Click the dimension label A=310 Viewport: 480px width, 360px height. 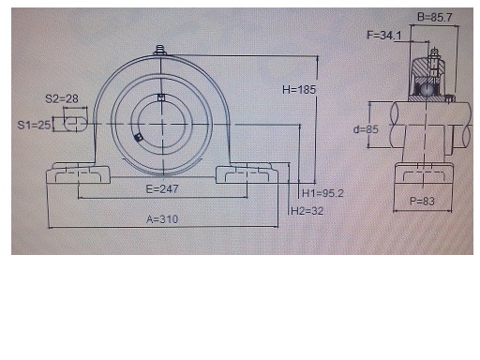coord(162,219)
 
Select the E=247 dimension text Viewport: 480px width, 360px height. coord(162,188)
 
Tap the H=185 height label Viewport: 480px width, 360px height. coord(299,90)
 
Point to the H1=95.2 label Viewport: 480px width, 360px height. coord(322,193)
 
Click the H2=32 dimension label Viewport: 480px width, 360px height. coord(307,211)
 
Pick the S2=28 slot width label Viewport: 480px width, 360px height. coord(62,98)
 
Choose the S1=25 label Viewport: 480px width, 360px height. coord(34,125)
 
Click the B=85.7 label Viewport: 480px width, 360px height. coord(435,17)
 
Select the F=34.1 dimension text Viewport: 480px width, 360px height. coord(384,35)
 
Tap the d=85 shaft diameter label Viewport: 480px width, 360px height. coord(366,129)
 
